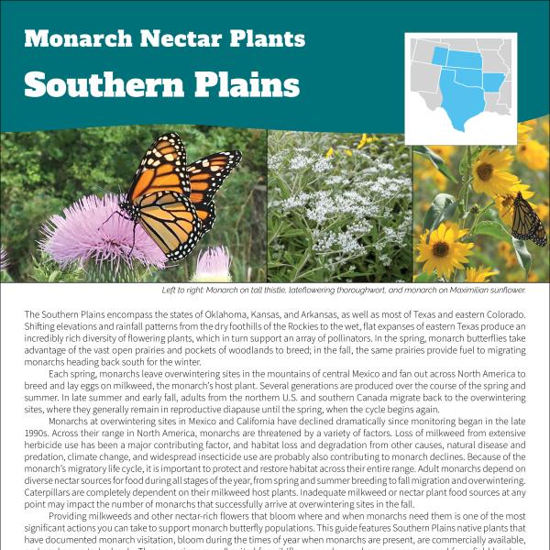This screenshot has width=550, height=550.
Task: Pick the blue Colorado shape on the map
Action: point(440,58)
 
